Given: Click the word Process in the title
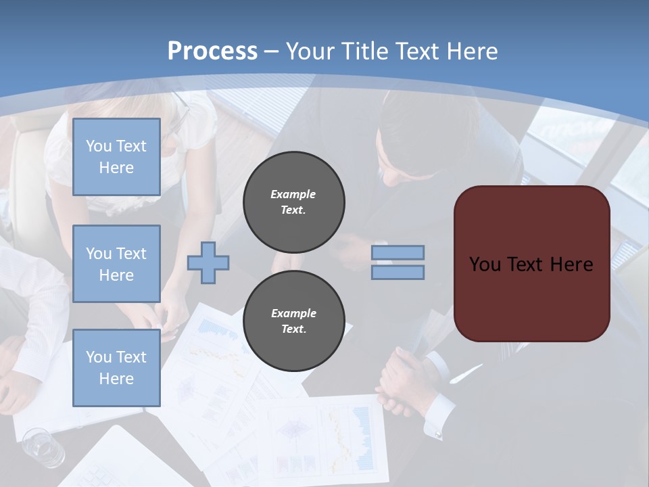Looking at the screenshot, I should (x=212, y=51).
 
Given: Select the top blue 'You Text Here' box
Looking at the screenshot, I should (x=116, y=157).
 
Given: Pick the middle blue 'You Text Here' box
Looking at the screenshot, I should (x=116, y=264).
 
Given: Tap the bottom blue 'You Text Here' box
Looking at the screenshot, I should (x=116, y=368).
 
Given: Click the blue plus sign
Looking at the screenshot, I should (x=208, y=262).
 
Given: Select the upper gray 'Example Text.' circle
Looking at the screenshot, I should (x=293, y=202).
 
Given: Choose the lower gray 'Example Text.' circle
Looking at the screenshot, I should (x=293, y=321).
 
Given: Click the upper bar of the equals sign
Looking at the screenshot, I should (x=398, y=252).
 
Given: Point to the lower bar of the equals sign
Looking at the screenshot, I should (x=398, y=272).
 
